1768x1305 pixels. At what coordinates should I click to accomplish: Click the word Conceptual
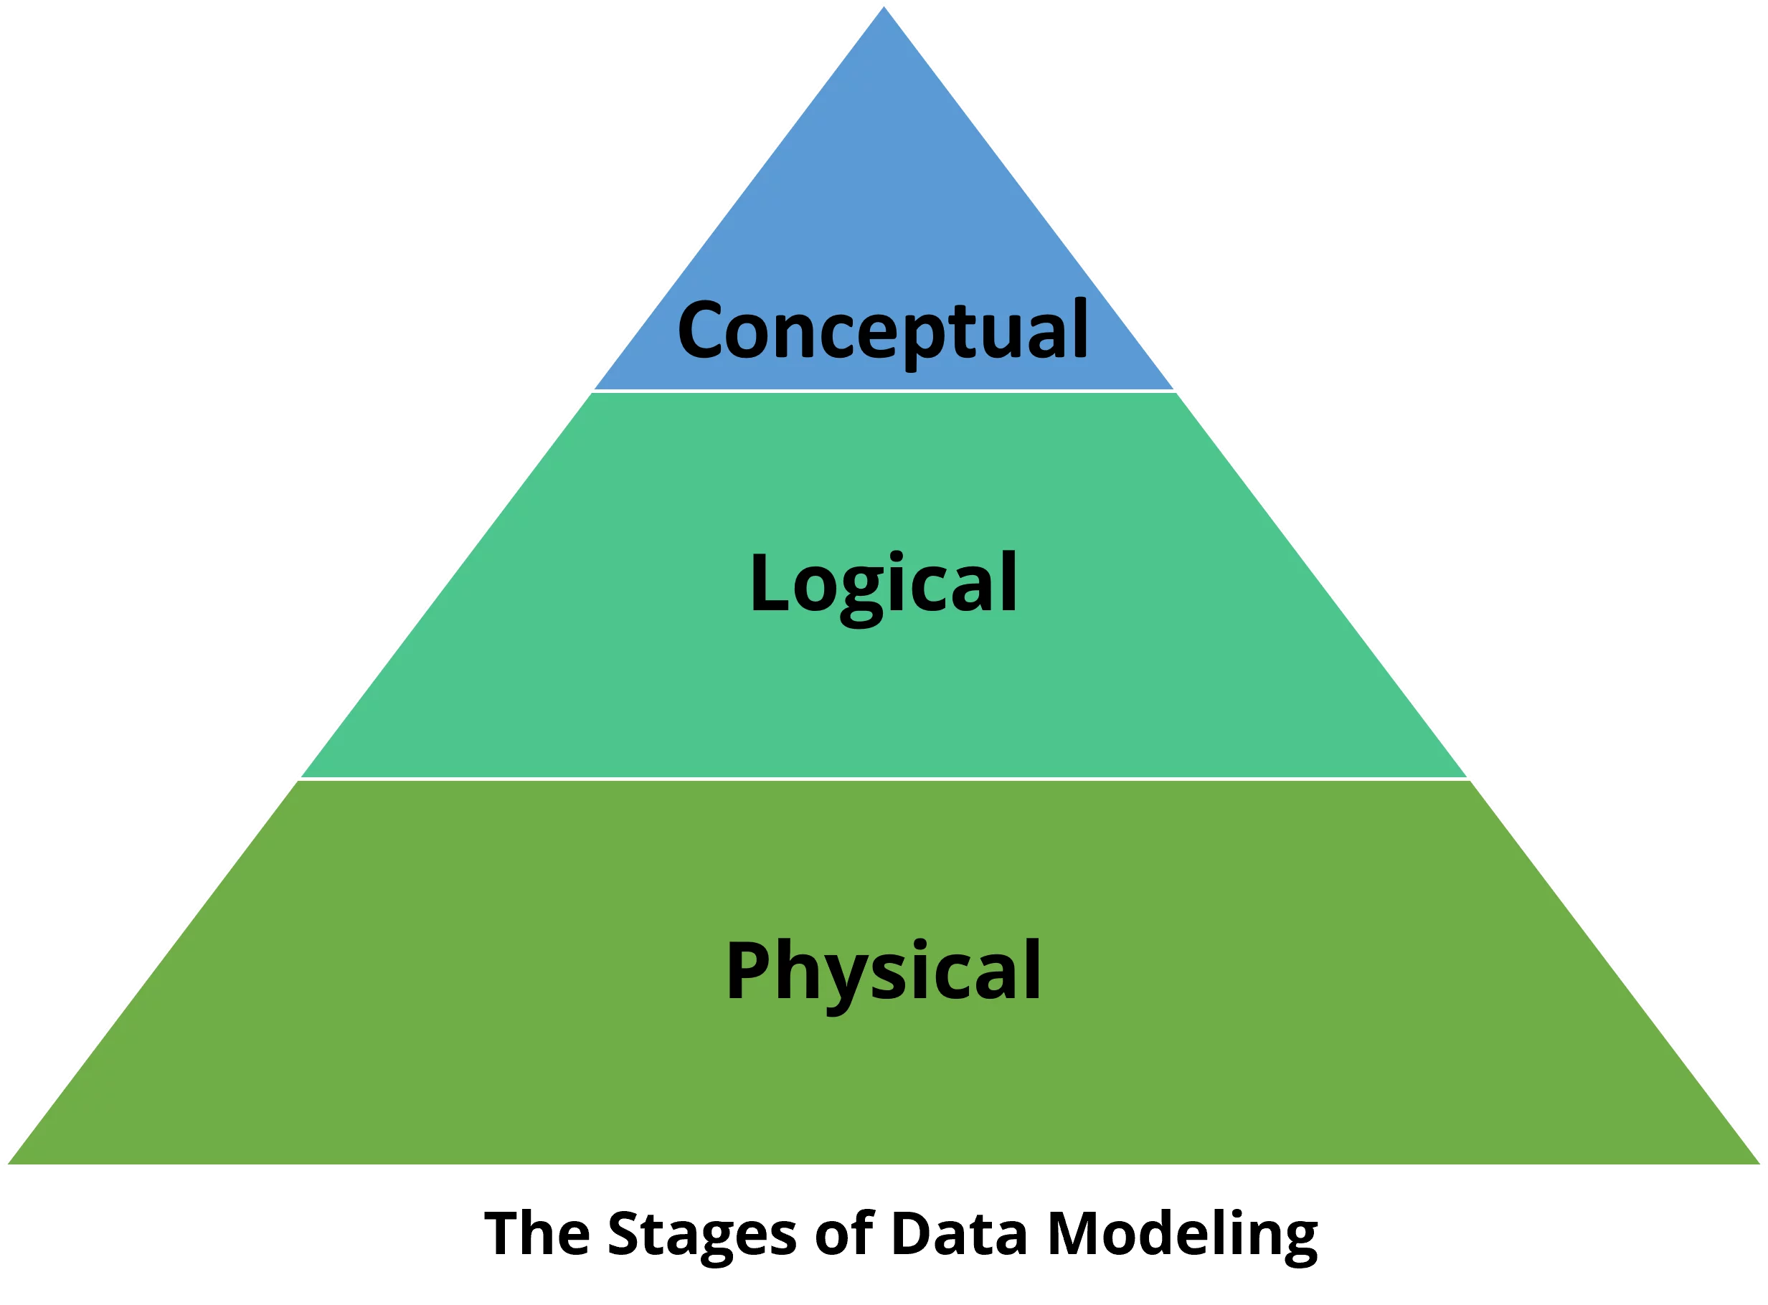882,331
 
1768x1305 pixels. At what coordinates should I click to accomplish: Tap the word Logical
883,584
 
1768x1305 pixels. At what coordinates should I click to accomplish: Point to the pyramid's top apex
884,5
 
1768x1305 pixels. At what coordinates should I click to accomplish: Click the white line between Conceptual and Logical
884,390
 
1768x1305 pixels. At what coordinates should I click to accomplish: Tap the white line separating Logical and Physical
884,778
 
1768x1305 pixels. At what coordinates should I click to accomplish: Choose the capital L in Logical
768,582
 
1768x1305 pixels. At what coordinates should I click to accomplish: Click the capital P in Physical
747,970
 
